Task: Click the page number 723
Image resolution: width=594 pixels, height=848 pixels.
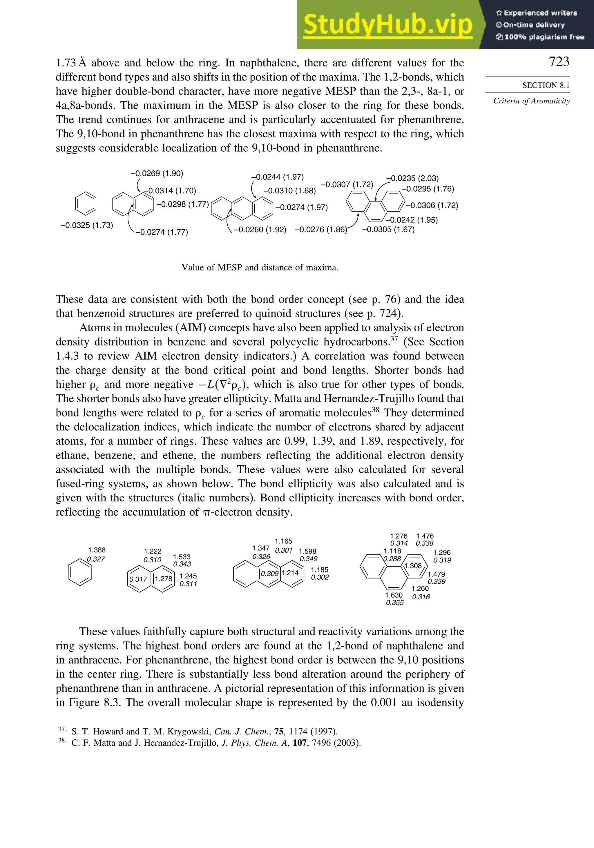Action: coord(559,62)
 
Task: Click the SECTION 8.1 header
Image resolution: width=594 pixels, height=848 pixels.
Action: coord(546,85)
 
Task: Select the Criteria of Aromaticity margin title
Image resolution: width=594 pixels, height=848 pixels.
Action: coord(531,101)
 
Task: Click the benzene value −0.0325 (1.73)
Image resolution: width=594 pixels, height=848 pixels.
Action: coord(87,225)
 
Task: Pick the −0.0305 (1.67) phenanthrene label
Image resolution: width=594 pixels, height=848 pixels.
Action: coord(388,230)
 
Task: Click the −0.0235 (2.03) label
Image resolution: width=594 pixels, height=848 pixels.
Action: coord(412,179)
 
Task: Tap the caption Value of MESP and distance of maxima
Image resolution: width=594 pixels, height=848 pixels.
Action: coord(260,267)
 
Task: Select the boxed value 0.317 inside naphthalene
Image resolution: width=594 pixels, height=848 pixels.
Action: coord(138,579)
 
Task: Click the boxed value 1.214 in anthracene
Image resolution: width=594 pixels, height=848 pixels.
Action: coord(290,573)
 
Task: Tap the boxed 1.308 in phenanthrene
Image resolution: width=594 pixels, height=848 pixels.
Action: coord(413,566)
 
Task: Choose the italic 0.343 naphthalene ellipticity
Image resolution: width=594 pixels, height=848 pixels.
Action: coord(182,564)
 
